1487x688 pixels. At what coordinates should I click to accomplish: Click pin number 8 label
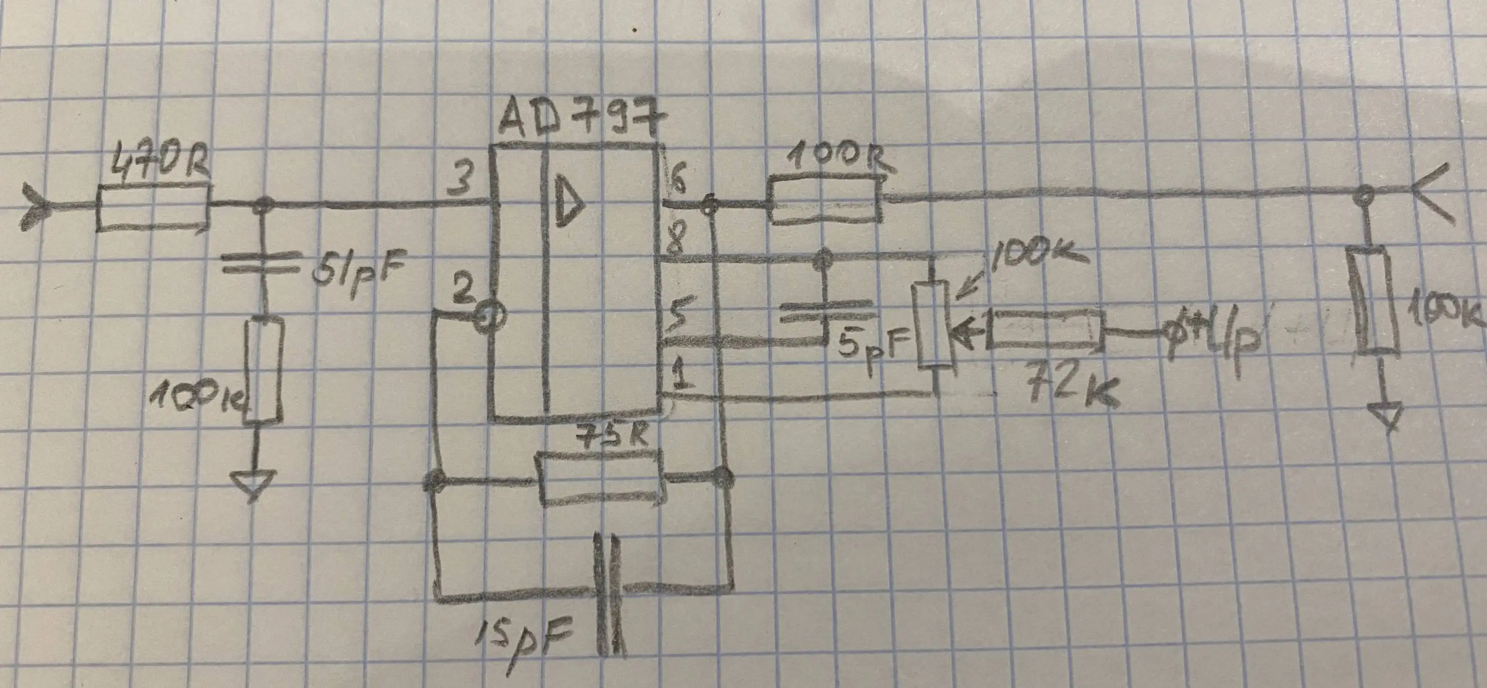[x=674, y=245]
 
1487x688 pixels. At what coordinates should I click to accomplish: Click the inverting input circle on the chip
[x=491, y=315]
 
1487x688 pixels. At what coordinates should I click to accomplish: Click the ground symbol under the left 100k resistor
[x=252, y=485]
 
